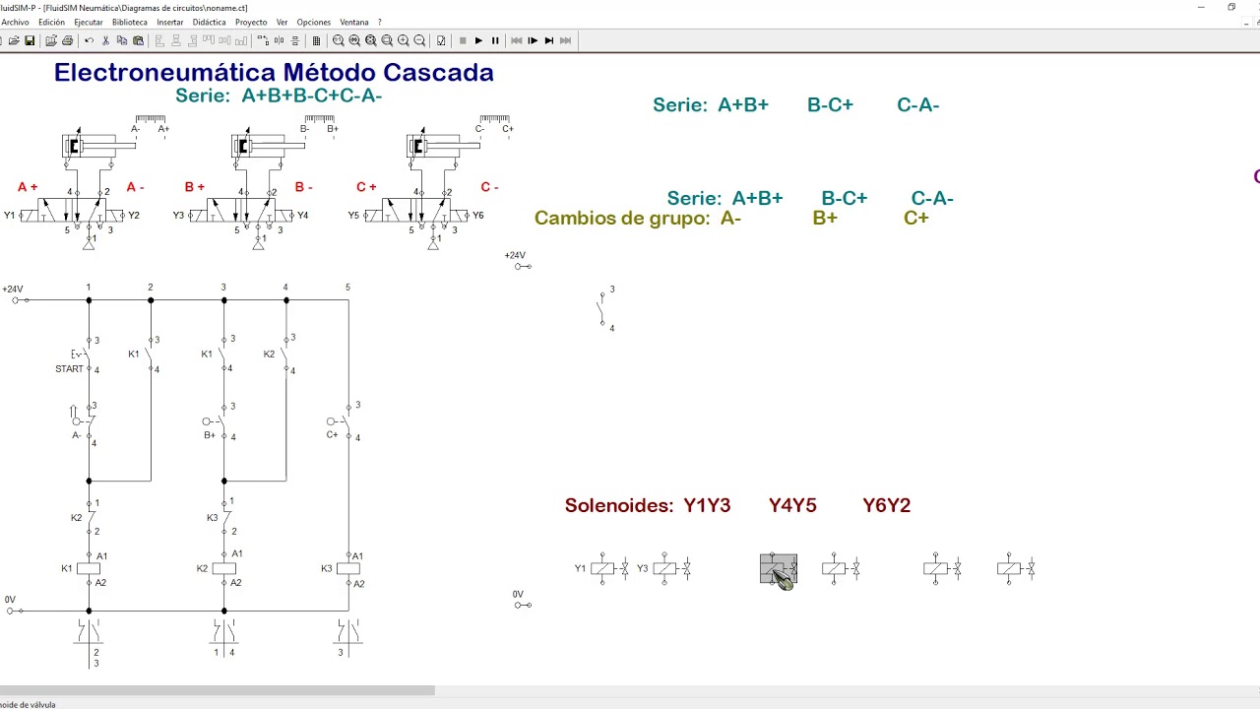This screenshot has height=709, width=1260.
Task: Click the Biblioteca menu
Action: (129, 22)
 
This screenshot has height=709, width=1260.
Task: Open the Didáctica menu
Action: (209, 22)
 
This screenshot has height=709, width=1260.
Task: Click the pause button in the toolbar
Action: (495, 40)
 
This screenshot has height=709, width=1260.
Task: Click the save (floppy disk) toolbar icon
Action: (30, 40)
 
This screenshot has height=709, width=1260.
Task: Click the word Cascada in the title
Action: (438, 72)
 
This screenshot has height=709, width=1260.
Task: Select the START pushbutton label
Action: (69, 369)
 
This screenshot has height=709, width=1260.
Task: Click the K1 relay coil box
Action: (89, 568)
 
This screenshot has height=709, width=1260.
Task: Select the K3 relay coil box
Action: (348, 568)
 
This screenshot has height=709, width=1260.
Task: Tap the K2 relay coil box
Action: (223, 568)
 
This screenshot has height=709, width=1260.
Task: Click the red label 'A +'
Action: (28, 187)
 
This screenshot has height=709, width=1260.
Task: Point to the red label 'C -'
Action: (489, 187)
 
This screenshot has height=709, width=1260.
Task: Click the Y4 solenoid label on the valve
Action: (302, 215)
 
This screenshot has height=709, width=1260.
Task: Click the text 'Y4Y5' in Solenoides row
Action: (792, 505)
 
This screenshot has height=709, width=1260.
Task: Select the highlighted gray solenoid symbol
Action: (779, 569)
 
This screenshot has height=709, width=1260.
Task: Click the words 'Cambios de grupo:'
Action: (622, 218)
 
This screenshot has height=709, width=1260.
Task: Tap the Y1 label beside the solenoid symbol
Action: (580, 568)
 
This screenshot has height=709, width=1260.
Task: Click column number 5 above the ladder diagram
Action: (347, 287)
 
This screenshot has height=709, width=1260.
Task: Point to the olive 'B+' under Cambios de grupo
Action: (825, 218)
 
